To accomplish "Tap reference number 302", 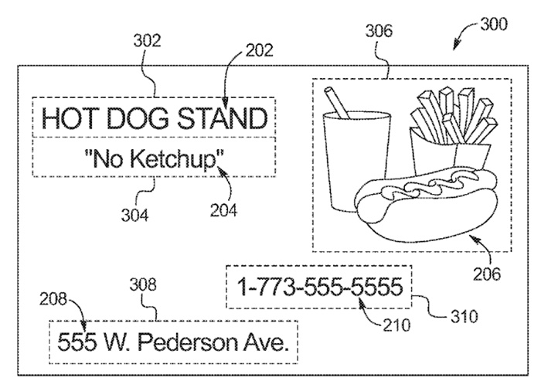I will point(146,42).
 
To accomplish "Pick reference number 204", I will point(225,209).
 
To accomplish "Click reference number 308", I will point(146,285).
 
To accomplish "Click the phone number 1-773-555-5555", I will point(319,288).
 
